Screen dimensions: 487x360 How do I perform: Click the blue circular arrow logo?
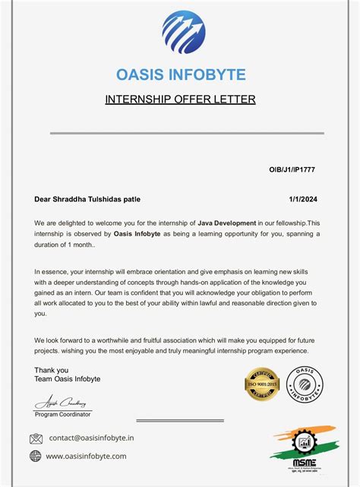183,33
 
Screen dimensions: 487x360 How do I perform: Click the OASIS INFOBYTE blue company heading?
180,74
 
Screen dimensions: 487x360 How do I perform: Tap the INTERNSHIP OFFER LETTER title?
179,100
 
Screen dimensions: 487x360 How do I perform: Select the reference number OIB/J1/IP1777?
292,170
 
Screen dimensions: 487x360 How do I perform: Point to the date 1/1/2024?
302,199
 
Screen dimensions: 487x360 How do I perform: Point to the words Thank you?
51,370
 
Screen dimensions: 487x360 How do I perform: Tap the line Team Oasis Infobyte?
67,379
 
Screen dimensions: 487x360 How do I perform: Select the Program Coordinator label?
63,415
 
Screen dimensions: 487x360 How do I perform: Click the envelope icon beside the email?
36,438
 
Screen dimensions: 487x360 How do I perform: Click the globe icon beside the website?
36,456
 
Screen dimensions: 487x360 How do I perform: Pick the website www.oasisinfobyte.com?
87,456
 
